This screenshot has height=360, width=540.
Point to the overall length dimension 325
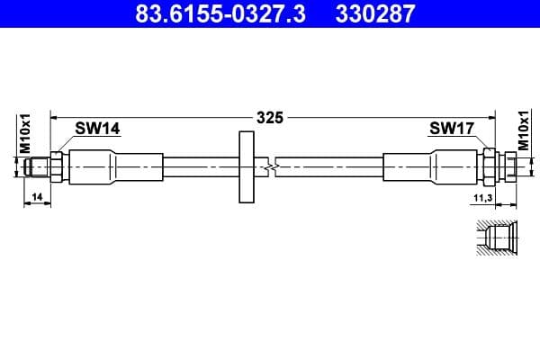pyautogui.click(x=270, y=117)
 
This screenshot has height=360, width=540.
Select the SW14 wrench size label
pyautogui.click(x=97, y=129)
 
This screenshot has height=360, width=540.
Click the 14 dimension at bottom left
pyautogui.click(x=36, y=196)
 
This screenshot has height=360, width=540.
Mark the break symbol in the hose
pyautogui.click(x=269, y=166)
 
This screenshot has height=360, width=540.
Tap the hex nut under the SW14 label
pyautogui.click(x=58, y=166)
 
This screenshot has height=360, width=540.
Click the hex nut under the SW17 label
pyautogui.click(x=490, y=166)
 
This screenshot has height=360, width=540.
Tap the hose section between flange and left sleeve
pyautogui.click(x=198, y=166)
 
